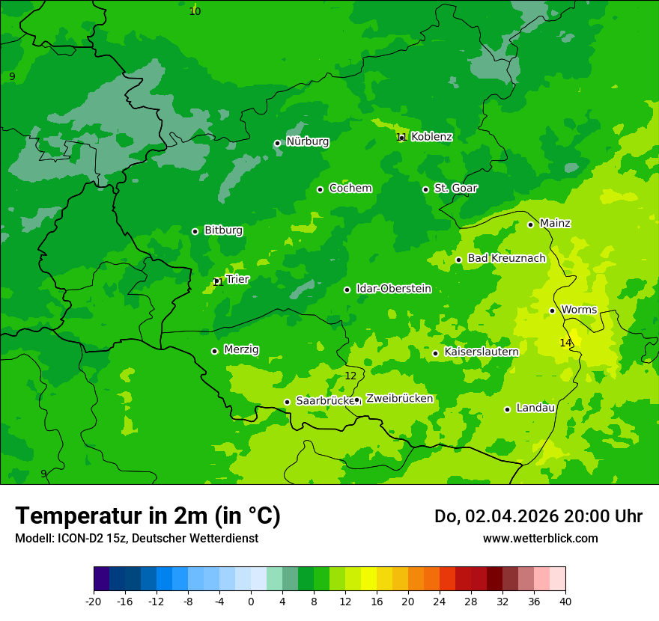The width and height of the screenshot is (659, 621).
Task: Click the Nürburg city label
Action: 307,141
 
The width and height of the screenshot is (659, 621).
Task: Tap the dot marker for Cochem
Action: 320,189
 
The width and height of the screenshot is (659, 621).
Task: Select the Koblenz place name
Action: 431,137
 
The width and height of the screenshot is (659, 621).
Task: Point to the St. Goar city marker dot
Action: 425,189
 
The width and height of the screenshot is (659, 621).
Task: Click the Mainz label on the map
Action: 555,223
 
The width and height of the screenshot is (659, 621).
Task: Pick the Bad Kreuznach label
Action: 506,258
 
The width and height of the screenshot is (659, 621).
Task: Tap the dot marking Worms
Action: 552,310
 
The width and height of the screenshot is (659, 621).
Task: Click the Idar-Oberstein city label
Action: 393,289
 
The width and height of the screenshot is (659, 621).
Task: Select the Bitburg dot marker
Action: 195,231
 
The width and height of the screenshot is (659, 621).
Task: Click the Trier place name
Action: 237,279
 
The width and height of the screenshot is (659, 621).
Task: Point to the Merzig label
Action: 241,349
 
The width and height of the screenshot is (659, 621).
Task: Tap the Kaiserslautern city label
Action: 481,352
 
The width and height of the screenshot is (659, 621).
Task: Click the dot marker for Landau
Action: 507,409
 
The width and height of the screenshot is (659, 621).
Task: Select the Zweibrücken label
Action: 399,399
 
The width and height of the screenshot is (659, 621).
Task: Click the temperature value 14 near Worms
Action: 565,343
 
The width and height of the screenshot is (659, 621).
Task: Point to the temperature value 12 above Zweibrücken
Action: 350,376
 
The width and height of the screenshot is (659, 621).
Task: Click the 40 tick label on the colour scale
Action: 565,602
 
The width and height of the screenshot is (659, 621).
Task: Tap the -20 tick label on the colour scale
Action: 94,602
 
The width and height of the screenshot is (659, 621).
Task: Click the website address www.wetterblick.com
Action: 540,538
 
